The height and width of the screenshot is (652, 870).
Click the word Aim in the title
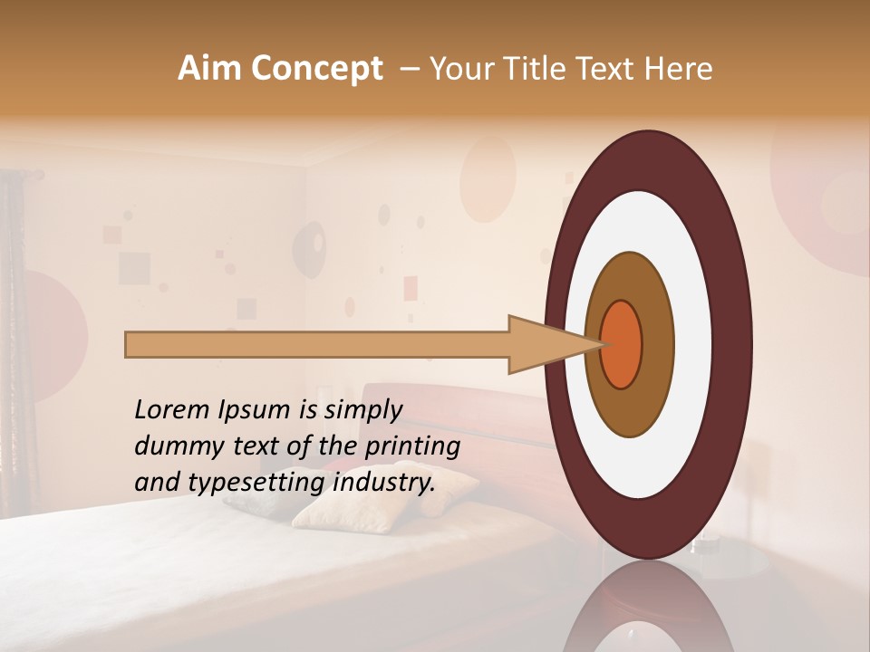(209, 69)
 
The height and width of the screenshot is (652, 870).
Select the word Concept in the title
(316, 69)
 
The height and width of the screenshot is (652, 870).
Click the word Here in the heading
(679, 69)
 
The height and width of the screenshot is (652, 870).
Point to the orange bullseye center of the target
(622, 344)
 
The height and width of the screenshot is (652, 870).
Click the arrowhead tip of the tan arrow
(601, 344)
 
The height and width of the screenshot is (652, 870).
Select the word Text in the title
(603, 69)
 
